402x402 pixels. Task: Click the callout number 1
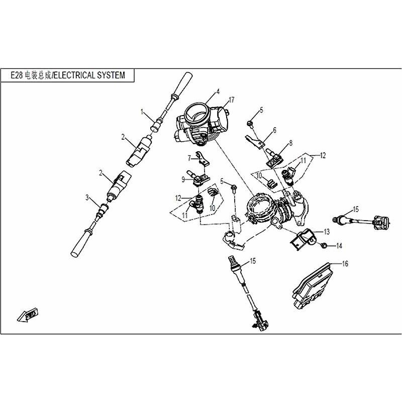point(142,111)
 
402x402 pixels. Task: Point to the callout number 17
point(232,99)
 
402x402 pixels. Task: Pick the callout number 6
point(275,130)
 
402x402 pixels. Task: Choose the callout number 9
point(184,178)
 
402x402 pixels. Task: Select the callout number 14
point(339,246)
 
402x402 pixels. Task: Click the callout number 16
point(345,263)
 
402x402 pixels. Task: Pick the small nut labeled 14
point(324,245)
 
